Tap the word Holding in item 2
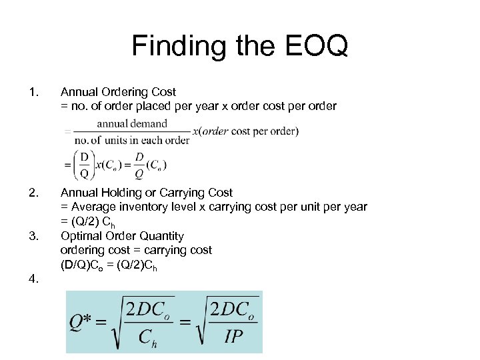point(122,193)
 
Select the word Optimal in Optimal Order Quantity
point(81,236)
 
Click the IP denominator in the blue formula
point(233,336)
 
